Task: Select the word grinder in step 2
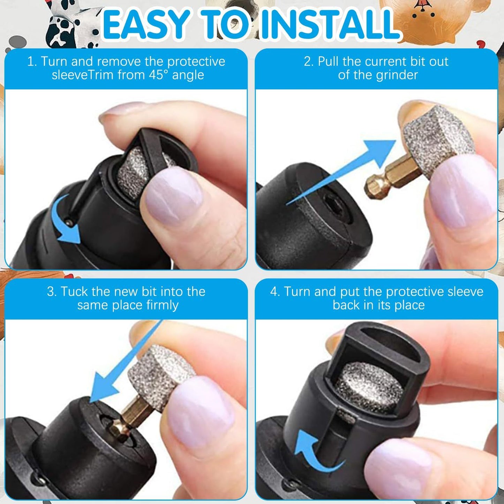point(398,75)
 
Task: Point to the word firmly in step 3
point(162,305)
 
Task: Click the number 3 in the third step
point(51,291)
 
